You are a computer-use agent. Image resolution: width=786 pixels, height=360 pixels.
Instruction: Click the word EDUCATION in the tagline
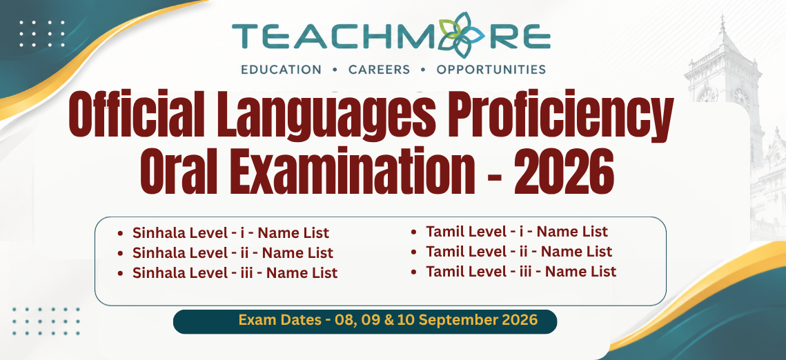point(282,70)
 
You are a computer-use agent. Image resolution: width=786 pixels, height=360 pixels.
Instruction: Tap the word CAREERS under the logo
point(380,70)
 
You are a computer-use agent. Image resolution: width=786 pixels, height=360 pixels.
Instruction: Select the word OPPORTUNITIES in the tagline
point(491,70)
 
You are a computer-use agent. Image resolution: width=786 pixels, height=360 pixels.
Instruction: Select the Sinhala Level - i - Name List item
point(230,233)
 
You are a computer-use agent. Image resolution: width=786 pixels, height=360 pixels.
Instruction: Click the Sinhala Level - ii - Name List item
point(233,253)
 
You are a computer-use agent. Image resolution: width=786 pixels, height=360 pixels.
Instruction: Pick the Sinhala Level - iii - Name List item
point(235,273)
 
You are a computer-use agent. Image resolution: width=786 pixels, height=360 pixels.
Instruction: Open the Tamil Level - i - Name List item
point(517,232)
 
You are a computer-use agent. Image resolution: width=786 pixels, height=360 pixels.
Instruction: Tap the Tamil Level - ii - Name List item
point(519,251)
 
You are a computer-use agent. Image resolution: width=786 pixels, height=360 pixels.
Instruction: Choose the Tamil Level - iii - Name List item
point(521,271)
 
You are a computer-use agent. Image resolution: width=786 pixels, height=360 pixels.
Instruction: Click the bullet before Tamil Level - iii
point(414,272)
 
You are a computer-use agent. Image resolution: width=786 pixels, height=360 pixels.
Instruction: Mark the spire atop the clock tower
point(723,25)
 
